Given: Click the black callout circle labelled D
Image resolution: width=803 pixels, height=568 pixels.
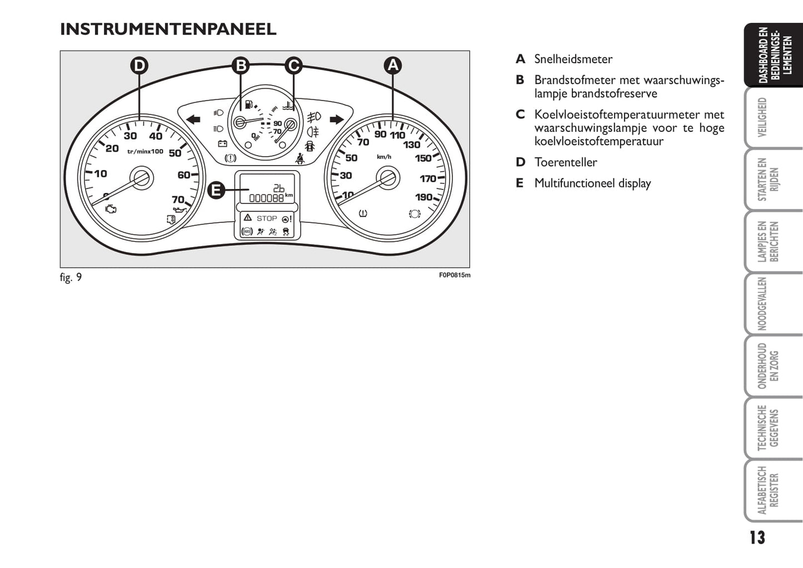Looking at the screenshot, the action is point(139,66).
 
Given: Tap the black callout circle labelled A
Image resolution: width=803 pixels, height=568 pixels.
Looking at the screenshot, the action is point(393,65).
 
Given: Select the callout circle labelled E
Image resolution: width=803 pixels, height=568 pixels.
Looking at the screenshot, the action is point(216,190).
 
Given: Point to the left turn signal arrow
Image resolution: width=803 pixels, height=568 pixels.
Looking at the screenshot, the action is point(193,119).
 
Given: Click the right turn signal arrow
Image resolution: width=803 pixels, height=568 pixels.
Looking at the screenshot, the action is point(337,119).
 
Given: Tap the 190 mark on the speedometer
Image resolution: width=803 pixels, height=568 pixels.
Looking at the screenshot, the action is point(423,197).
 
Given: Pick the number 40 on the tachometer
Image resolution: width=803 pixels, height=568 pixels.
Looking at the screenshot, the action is point(156,136).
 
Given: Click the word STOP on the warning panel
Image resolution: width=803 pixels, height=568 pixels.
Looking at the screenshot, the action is point(267,218).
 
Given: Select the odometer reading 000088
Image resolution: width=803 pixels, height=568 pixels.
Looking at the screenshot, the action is point(266,198).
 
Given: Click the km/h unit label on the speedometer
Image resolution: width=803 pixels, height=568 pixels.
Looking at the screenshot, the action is point(384,157).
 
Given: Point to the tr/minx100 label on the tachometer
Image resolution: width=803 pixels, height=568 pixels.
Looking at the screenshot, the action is point(145,151).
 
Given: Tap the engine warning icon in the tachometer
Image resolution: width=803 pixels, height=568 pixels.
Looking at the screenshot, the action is point(111,209).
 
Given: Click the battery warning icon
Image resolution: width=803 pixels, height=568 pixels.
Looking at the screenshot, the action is point(223,144).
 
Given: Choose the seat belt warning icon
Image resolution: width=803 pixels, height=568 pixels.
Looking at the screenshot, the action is point(300,158).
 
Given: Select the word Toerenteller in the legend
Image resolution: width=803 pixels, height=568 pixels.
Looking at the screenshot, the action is point(566,162).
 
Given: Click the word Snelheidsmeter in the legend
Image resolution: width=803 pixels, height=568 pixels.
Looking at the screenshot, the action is point(573,59).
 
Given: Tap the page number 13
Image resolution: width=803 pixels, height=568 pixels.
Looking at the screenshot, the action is point(757,538).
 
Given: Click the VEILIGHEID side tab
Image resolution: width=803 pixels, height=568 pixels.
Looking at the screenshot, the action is point(762,117).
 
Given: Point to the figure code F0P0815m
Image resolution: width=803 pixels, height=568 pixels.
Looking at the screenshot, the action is point(455,275).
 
